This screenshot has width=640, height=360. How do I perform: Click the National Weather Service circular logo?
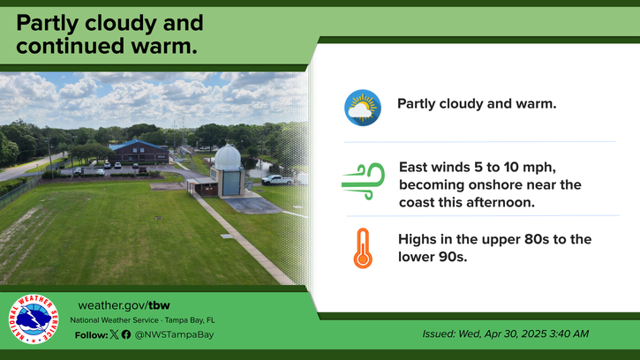coord(33,319)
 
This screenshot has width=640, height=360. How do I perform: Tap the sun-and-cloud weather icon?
coord(363,108)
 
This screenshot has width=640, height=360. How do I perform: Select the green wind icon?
coord(364,181)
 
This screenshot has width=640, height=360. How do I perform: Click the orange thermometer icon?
coord(363,248)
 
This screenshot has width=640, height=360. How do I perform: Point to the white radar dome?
coord(228,158)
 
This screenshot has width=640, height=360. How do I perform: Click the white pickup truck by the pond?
coord(277,180)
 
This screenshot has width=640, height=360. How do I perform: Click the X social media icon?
coord(114,334)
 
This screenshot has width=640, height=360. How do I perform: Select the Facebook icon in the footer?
coord(126,334)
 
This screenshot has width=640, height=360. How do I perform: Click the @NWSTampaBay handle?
coord(174,334)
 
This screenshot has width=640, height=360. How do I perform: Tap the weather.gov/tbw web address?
coord(124,305)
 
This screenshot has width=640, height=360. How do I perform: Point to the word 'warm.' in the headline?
coord(164,46)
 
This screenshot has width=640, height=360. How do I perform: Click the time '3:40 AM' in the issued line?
coord(569,334)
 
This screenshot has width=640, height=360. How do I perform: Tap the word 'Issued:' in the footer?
coord(439,334)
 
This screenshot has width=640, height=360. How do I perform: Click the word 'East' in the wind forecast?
coord(412,168)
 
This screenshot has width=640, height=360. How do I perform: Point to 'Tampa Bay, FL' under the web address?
coord(190,320)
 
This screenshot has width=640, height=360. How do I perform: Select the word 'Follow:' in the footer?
coord(92,335)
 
